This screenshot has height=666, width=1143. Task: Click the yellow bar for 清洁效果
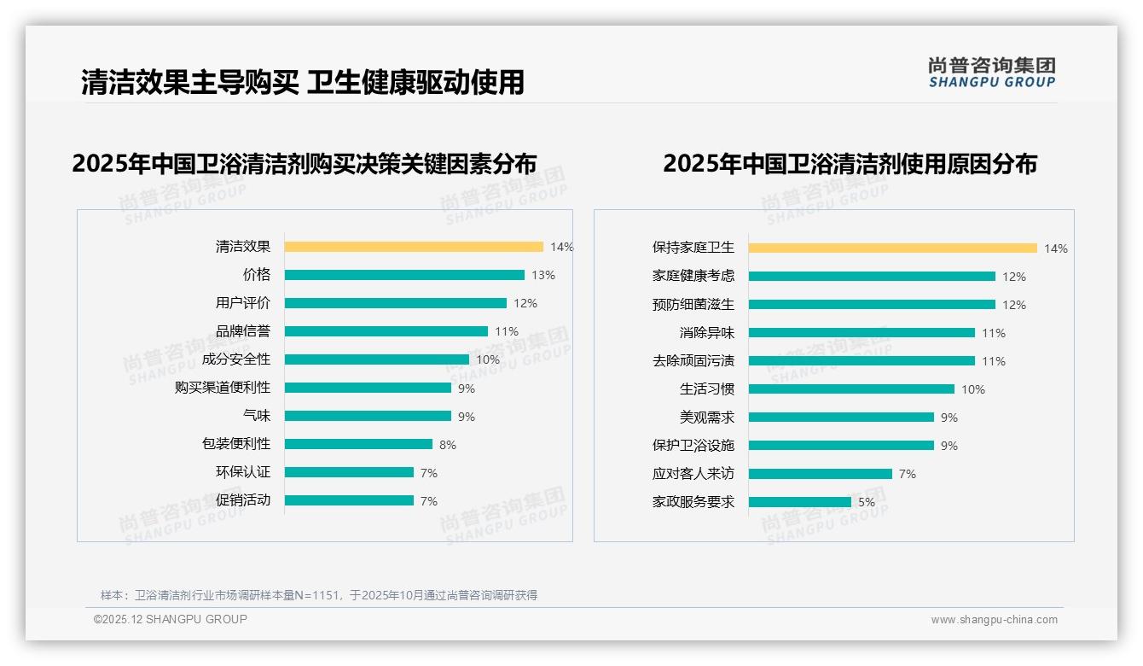(414, 247)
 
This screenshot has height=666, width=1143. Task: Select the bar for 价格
(404, 275)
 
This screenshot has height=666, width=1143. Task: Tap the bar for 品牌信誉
(386, 331)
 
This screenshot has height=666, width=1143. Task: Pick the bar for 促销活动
(349, 500)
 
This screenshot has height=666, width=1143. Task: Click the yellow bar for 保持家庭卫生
(892, 248)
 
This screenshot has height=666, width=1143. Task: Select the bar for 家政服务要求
(800, 502)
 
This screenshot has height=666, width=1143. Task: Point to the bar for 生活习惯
(851, 389)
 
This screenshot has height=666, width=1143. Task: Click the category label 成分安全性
(236, 359)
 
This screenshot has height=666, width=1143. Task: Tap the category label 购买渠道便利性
(223, 388)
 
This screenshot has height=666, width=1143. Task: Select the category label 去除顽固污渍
(693, 361)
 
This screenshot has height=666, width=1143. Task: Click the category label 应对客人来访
(693, 474)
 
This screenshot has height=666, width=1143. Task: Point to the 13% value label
(543, 275)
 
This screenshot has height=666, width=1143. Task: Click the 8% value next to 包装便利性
(448, 445)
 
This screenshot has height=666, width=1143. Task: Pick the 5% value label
(867, 502)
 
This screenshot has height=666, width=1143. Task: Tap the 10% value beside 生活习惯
(973, 389)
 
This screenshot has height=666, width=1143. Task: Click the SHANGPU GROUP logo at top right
(992, 73)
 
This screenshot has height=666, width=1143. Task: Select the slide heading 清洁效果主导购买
(190, 83)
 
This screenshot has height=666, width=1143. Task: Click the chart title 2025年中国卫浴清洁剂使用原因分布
(850, 164)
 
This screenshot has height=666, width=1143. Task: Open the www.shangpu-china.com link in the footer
(994, 620)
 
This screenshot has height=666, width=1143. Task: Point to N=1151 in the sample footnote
(317, 595)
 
